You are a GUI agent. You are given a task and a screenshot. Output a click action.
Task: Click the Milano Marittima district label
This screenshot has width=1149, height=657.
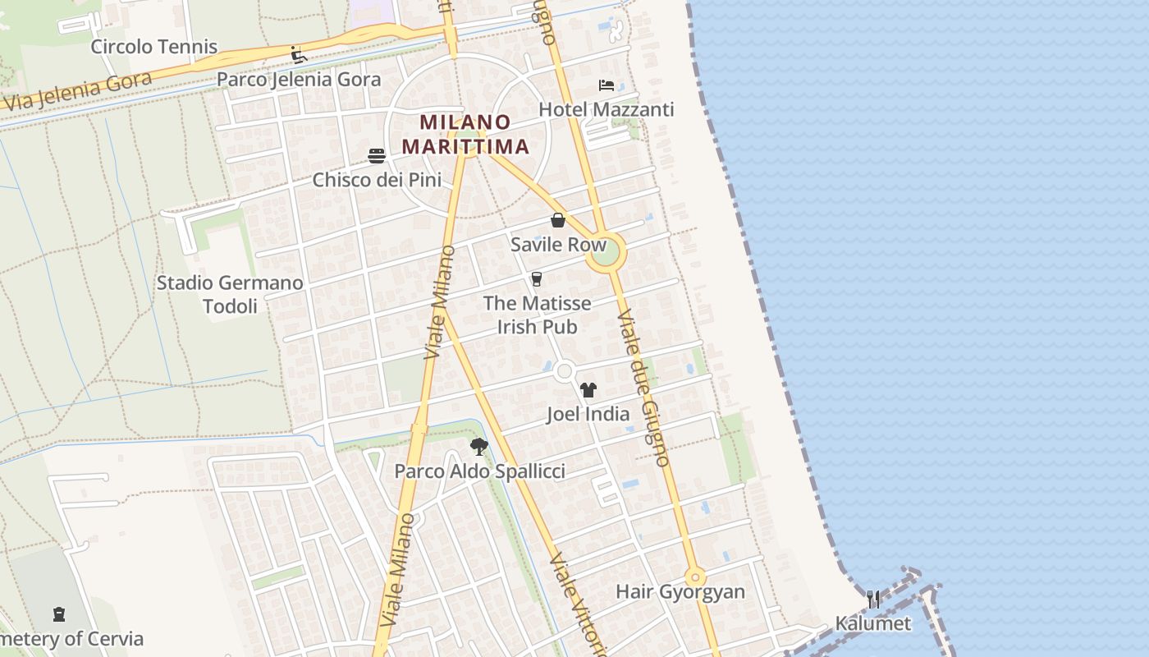[465, 135]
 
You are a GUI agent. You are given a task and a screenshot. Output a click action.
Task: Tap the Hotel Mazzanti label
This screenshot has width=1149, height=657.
[606, 109]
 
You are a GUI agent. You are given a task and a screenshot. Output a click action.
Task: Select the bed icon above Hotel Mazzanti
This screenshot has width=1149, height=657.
[607, 85]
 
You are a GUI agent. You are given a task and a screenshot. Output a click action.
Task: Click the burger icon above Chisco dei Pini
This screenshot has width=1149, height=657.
[377, 155]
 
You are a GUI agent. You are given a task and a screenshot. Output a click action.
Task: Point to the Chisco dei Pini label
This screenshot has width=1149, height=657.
[377, 179]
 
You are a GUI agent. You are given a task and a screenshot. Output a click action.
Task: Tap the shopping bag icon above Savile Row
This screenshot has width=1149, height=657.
[558, 220]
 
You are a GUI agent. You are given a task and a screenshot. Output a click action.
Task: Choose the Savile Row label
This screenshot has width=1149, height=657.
[558, 244]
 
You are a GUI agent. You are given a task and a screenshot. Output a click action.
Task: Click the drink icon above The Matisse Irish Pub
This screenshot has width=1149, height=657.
[537, 279]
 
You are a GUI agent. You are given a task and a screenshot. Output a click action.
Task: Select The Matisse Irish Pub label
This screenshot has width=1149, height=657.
[537, 315]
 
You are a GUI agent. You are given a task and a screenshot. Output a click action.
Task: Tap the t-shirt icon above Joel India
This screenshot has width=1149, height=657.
[588, 390]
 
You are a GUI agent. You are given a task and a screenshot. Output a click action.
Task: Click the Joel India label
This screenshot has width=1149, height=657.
[588, 414]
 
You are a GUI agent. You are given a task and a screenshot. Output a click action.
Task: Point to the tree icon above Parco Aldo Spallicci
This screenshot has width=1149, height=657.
[479, 447]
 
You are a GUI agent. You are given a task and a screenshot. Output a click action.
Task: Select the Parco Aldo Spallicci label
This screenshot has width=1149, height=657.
[479, 471]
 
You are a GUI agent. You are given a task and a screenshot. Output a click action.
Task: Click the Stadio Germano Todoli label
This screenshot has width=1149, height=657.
[230, 294]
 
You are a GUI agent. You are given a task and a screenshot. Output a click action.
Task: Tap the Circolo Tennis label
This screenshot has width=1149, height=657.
[154, 46]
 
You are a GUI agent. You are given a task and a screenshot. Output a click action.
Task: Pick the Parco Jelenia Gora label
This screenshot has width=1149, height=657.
[299, 80]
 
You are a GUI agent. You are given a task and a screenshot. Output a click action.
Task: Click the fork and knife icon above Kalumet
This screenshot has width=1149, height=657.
[873, 599]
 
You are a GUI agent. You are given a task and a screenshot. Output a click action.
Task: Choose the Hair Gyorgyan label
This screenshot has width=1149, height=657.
[680, 591]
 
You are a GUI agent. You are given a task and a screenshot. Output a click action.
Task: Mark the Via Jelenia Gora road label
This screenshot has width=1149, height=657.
[79, 91]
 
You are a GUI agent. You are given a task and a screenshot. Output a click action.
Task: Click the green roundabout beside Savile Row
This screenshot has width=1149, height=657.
[606, 254]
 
